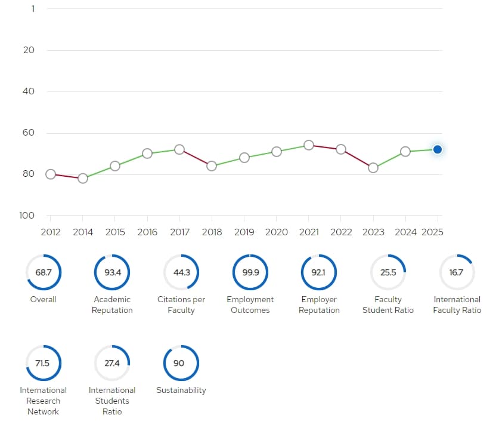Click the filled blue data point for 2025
click(438, 149)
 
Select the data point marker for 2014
click(83, 179)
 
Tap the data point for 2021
click(309, 145)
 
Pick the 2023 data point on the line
click(373, 168)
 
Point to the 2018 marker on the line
click(212, 166)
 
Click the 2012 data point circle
click(51, 174)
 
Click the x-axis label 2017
click(179, 232)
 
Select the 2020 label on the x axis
click(277, 232)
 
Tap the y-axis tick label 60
click(29, 133)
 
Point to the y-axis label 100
click(27, 216)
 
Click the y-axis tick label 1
click(33, 9)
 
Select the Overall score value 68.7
click(44, 272)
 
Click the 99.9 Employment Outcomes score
click(250, 272)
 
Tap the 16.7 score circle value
click(456, 272)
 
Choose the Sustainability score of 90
click(179, 363)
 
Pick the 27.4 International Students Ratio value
click(112, 363)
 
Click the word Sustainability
click(181, 390)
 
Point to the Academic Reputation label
click(112, 305)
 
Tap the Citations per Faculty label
click(181, 305)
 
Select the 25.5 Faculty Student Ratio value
click(388, 272)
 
